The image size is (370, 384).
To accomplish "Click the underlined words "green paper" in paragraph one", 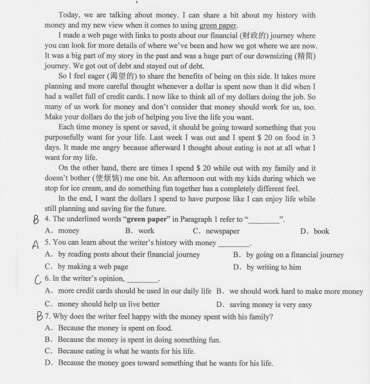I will pyautogui.click(x=218, y=25).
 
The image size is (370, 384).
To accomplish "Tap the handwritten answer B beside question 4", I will pyautogui.click(x=37, y=220).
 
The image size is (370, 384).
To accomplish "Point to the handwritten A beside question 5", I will pyautogui.click(x=35, y=244).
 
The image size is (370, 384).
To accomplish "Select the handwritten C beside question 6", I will pyautogui.click(x=39, y=279).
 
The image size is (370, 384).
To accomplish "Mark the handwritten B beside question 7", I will pyautogui.click(x=38, y=316).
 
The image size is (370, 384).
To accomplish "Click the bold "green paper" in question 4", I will pyautogui.click(x=147, y=219).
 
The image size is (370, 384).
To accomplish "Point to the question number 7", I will pyautogui.click(x=47, y=317).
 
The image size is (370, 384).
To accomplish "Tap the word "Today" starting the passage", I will pyautogui.click(x=69, y=14).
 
